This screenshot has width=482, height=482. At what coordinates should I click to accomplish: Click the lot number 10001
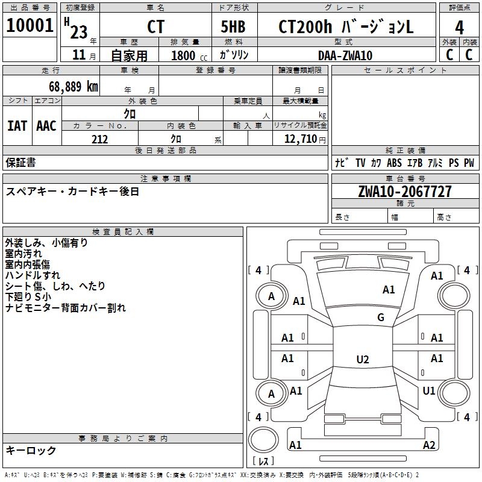(x=30, y=26)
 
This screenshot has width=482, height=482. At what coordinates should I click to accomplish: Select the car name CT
(x=155, y=27)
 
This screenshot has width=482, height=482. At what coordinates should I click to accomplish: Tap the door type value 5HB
(x=233, y=27)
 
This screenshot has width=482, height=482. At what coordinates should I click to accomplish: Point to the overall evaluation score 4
(x=459, y=27)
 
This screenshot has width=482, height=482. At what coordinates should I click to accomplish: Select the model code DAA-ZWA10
(x=345, y=55)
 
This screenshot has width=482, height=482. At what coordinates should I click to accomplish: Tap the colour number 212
(x=99, y=139)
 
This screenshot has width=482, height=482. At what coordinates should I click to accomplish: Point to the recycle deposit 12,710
(x=299, y=139)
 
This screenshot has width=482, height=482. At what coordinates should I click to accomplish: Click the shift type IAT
(x=17, y=126)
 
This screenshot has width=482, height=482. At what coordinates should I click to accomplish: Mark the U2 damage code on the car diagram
(x=362, y=360)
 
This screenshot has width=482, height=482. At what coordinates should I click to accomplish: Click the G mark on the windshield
(x=381, y=318)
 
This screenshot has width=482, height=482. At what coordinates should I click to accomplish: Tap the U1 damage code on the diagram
(x=429, y=391)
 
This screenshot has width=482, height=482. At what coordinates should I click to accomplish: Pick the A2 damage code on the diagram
(x=429, y=445)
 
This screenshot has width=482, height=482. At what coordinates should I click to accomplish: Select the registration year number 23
(x=79, y=30)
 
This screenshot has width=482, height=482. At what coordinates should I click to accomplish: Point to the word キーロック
(x=31, y=451)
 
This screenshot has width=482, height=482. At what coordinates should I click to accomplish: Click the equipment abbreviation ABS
(x=394, y=163)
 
